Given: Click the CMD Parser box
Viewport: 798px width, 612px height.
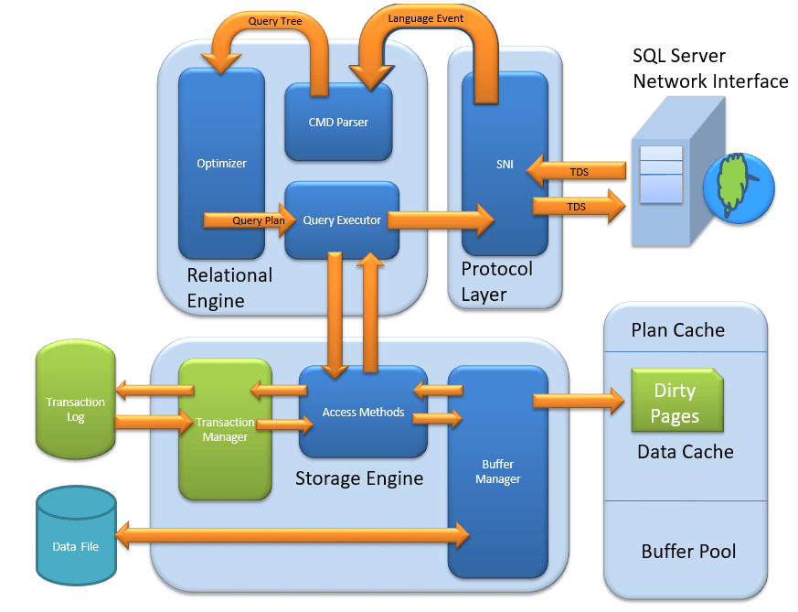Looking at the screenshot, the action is tap(338, 123).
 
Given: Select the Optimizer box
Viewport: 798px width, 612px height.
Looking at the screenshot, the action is tap(221, 164).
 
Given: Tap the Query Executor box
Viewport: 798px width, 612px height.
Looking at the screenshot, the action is tap(342, 220).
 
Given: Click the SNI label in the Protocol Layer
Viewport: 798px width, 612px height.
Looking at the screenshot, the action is tap(505, 164).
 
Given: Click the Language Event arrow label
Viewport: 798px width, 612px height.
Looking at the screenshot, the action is tap(425, 18).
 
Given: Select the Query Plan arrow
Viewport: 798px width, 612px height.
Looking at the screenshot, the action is tap(250, 220).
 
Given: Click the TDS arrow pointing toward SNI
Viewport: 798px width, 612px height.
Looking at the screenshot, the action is tap(576, 172).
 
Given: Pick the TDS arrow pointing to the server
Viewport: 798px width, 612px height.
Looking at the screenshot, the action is tap(580, 206).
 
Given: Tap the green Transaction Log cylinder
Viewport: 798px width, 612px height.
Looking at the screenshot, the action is tap(76, 399).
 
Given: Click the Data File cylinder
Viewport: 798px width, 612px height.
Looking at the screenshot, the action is tap(77, 535).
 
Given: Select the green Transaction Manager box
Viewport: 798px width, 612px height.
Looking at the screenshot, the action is tap(225, 429).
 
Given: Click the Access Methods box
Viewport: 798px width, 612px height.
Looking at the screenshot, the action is tap(363, 412).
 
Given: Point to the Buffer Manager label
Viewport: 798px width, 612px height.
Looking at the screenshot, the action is tap(498, 471).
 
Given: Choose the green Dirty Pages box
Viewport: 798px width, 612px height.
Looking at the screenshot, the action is tap(676, 400).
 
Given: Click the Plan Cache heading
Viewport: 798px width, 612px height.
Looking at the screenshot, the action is tap(678, 330).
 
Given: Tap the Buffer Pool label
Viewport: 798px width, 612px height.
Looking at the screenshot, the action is tap(688, 551).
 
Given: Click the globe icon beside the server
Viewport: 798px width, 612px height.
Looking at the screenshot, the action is tap(739, 188).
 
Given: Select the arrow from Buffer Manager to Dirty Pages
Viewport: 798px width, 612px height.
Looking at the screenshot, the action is tap(579, 401).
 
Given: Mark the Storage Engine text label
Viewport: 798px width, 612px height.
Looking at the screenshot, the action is tap(359, 478).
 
